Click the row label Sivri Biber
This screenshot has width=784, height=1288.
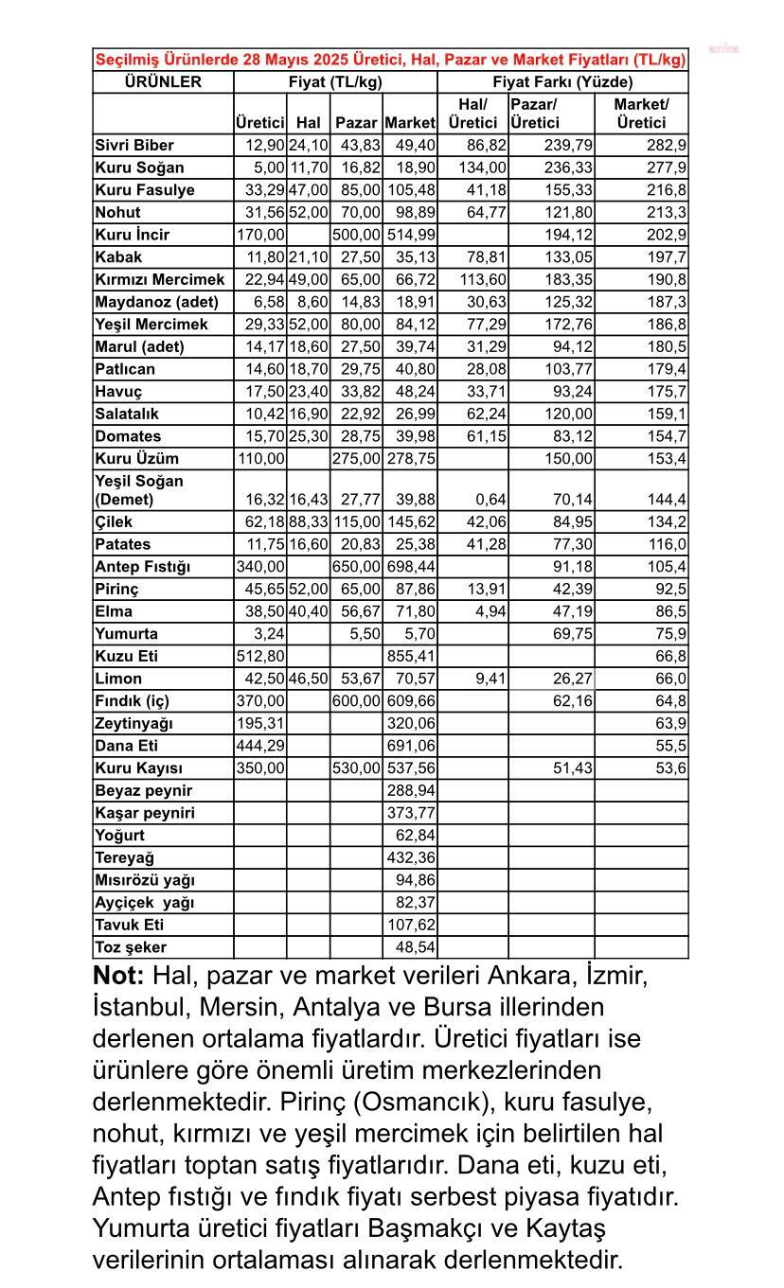(134, 146)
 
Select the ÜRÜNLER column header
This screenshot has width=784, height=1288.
(163, 82)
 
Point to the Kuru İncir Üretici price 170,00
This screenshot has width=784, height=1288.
(260, 235)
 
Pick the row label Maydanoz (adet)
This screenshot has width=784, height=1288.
(156, 302)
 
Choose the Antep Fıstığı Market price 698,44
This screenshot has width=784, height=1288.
(410, 567)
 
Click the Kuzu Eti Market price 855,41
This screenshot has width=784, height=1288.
(410, 657)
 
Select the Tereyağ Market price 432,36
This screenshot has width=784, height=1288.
(410, 857)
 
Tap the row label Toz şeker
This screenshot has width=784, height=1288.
(131, 947)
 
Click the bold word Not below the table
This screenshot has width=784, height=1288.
(118, 976)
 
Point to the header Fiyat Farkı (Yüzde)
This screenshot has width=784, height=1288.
(562, 82)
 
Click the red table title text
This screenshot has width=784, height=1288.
(390, 60)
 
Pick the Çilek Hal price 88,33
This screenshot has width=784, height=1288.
(308, 522)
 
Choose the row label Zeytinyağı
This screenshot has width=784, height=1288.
(134, 724)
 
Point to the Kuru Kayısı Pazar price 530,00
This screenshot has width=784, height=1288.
(356, 768)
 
